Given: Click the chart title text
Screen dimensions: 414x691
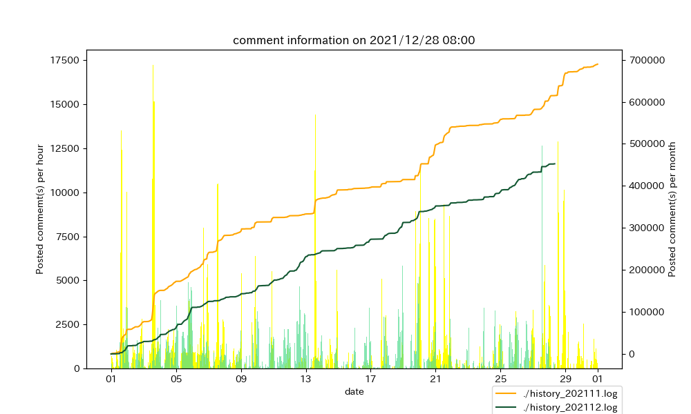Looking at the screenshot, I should pos(354,40).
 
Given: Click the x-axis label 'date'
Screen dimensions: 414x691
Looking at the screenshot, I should pos(354,391).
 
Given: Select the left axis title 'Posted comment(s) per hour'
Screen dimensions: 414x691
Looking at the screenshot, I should pos(41,209).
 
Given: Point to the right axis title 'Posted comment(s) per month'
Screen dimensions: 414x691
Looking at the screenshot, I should pos(672,209).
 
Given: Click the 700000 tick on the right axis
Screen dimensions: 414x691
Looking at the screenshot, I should pos(646,60).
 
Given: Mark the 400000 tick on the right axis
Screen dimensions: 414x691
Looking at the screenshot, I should pos(646,186).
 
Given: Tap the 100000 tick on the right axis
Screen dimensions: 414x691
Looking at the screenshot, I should pos(646,312).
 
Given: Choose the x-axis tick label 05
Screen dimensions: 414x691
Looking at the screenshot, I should pos(176,379).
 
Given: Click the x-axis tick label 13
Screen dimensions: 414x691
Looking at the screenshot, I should pos(306,379).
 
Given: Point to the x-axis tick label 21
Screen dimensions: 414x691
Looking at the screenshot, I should pos(436,379).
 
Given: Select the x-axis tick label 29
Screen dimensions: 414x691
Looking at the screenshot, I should pos(565,379).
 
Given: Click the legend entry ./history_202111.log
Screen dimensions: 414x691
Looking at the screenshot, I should pos(570,393).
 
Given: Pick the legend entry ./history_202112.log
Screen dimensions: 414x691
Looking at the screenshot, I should pos(570,407).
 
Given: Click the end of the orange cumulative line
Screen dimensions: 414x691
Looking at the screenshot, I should pos(598,64).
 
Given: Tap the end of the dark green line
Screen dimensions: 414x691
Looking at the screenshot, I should pos(555,164).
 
